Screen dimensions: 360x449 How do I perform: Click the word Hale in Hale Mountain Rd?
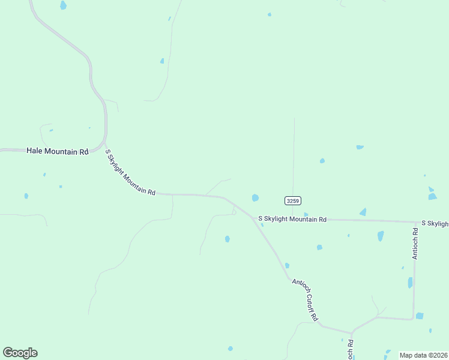35,151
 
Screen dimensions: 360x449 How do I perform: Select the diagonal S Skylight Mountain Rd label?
131,172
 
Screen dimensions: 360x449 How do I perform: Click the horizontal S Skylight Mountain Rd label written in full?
292,220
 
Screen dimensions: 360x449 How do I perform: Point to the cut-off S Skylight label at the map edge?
435,223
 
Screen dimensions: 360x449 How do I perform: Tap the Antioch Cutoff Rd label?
305,298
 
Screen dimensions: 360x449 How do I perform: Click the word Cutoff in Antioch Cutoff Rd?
305,298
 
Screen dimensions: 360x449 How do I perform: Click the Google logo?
20,353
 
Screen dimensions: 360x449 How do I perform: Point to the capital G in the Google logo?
8,353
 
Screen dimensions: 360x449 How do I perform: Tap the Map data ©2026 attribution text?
423,355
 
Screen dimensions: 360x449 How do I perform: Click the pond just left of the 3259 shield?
255,197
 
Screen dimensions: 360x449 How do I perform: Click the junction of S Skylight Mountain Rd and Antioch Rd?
415,222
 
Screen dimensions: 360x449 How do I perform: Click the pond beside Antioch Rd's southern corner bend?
420,316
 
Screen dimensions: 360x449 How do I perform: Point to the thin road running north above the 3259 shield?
294,156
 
